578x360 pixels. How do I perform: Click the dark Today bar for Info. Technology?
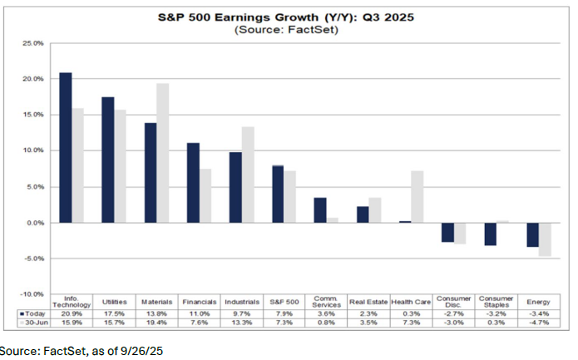pos(65,148)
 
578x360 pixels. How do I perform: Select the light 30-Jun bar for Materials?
pos(162,153)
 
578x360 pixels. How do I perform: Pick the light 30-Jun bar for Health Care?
pos(417,196)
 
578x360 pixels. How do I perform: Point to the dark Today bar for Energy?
pos(532,234)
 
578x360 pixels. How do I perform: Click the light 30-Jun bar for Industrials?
pos(248,175)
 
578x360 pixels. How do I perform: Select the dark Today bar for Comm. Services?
pos(320,210)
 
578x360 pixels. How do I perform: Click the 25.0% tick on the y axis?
pos(32,43)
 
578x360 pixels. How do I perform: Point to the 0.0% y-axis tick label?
pos(34,223)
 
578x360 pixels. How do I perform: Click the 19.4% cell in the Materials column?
pos(156,323)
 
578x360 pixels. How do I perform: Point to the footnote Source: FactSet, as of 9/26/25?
pos(82,351)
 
